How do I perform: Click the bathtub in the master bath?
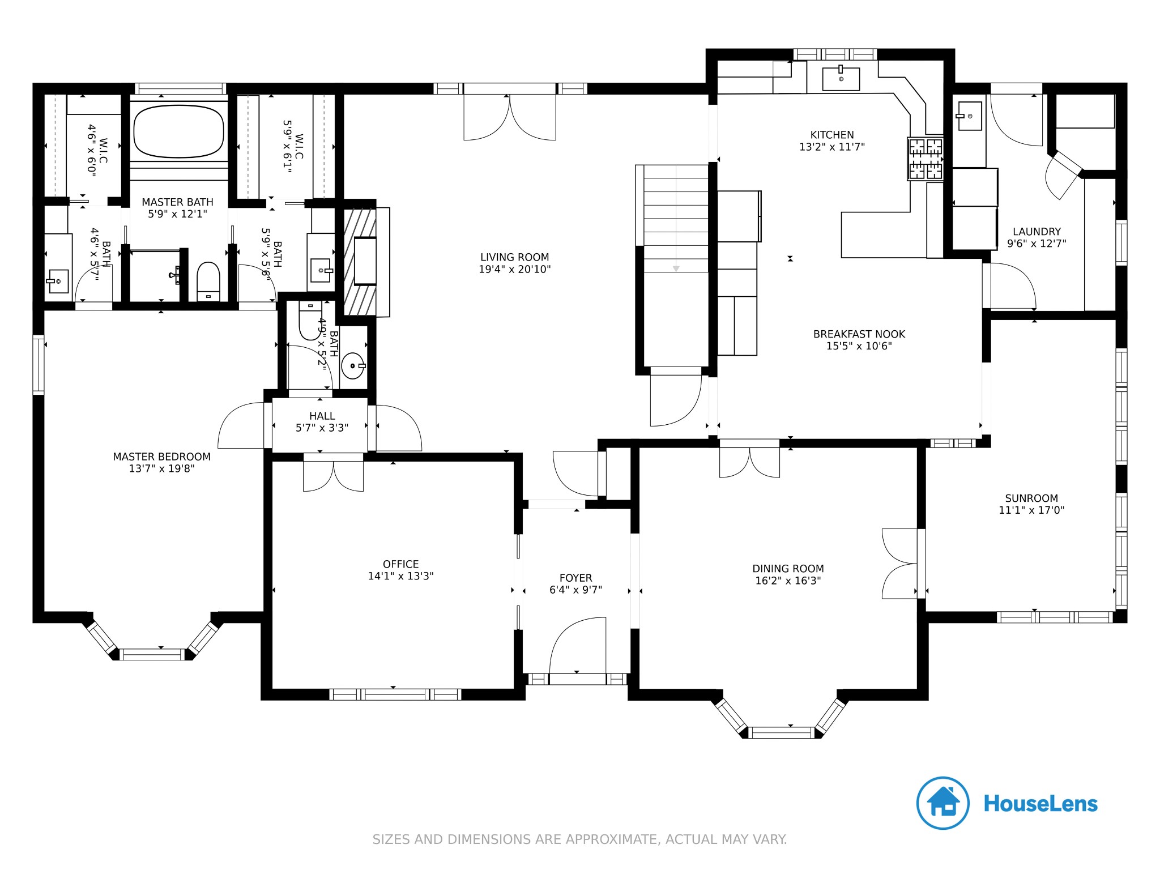tap(178, 131)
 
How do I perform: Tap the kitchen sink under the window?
tap(841, 79)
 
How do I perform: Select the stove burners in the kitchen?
tap(926, 159)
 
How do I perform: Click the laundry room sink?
tap(969, 116)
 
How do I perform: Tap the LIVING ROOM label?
tap(515, 257)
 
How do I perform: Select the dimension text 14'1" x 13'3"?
tap(401, 576)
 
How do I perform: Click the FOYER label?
tap(576, 578)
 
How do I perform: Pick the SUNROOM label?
tap(1031, 498)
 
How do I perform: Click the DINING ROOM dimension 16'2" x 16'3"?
tap(788, 581)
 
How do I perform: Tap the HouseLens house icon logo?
tap(943, 803)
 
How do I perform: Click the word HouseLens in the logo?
tap(1041, 804)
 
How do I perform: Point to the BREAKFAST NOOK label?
tap(859, 334)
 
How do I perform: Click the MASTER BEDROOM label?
tap(162, 457)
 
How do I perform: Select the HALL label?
tap(322, 416)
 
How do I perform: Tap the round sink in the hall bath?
tap(353, 365)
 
